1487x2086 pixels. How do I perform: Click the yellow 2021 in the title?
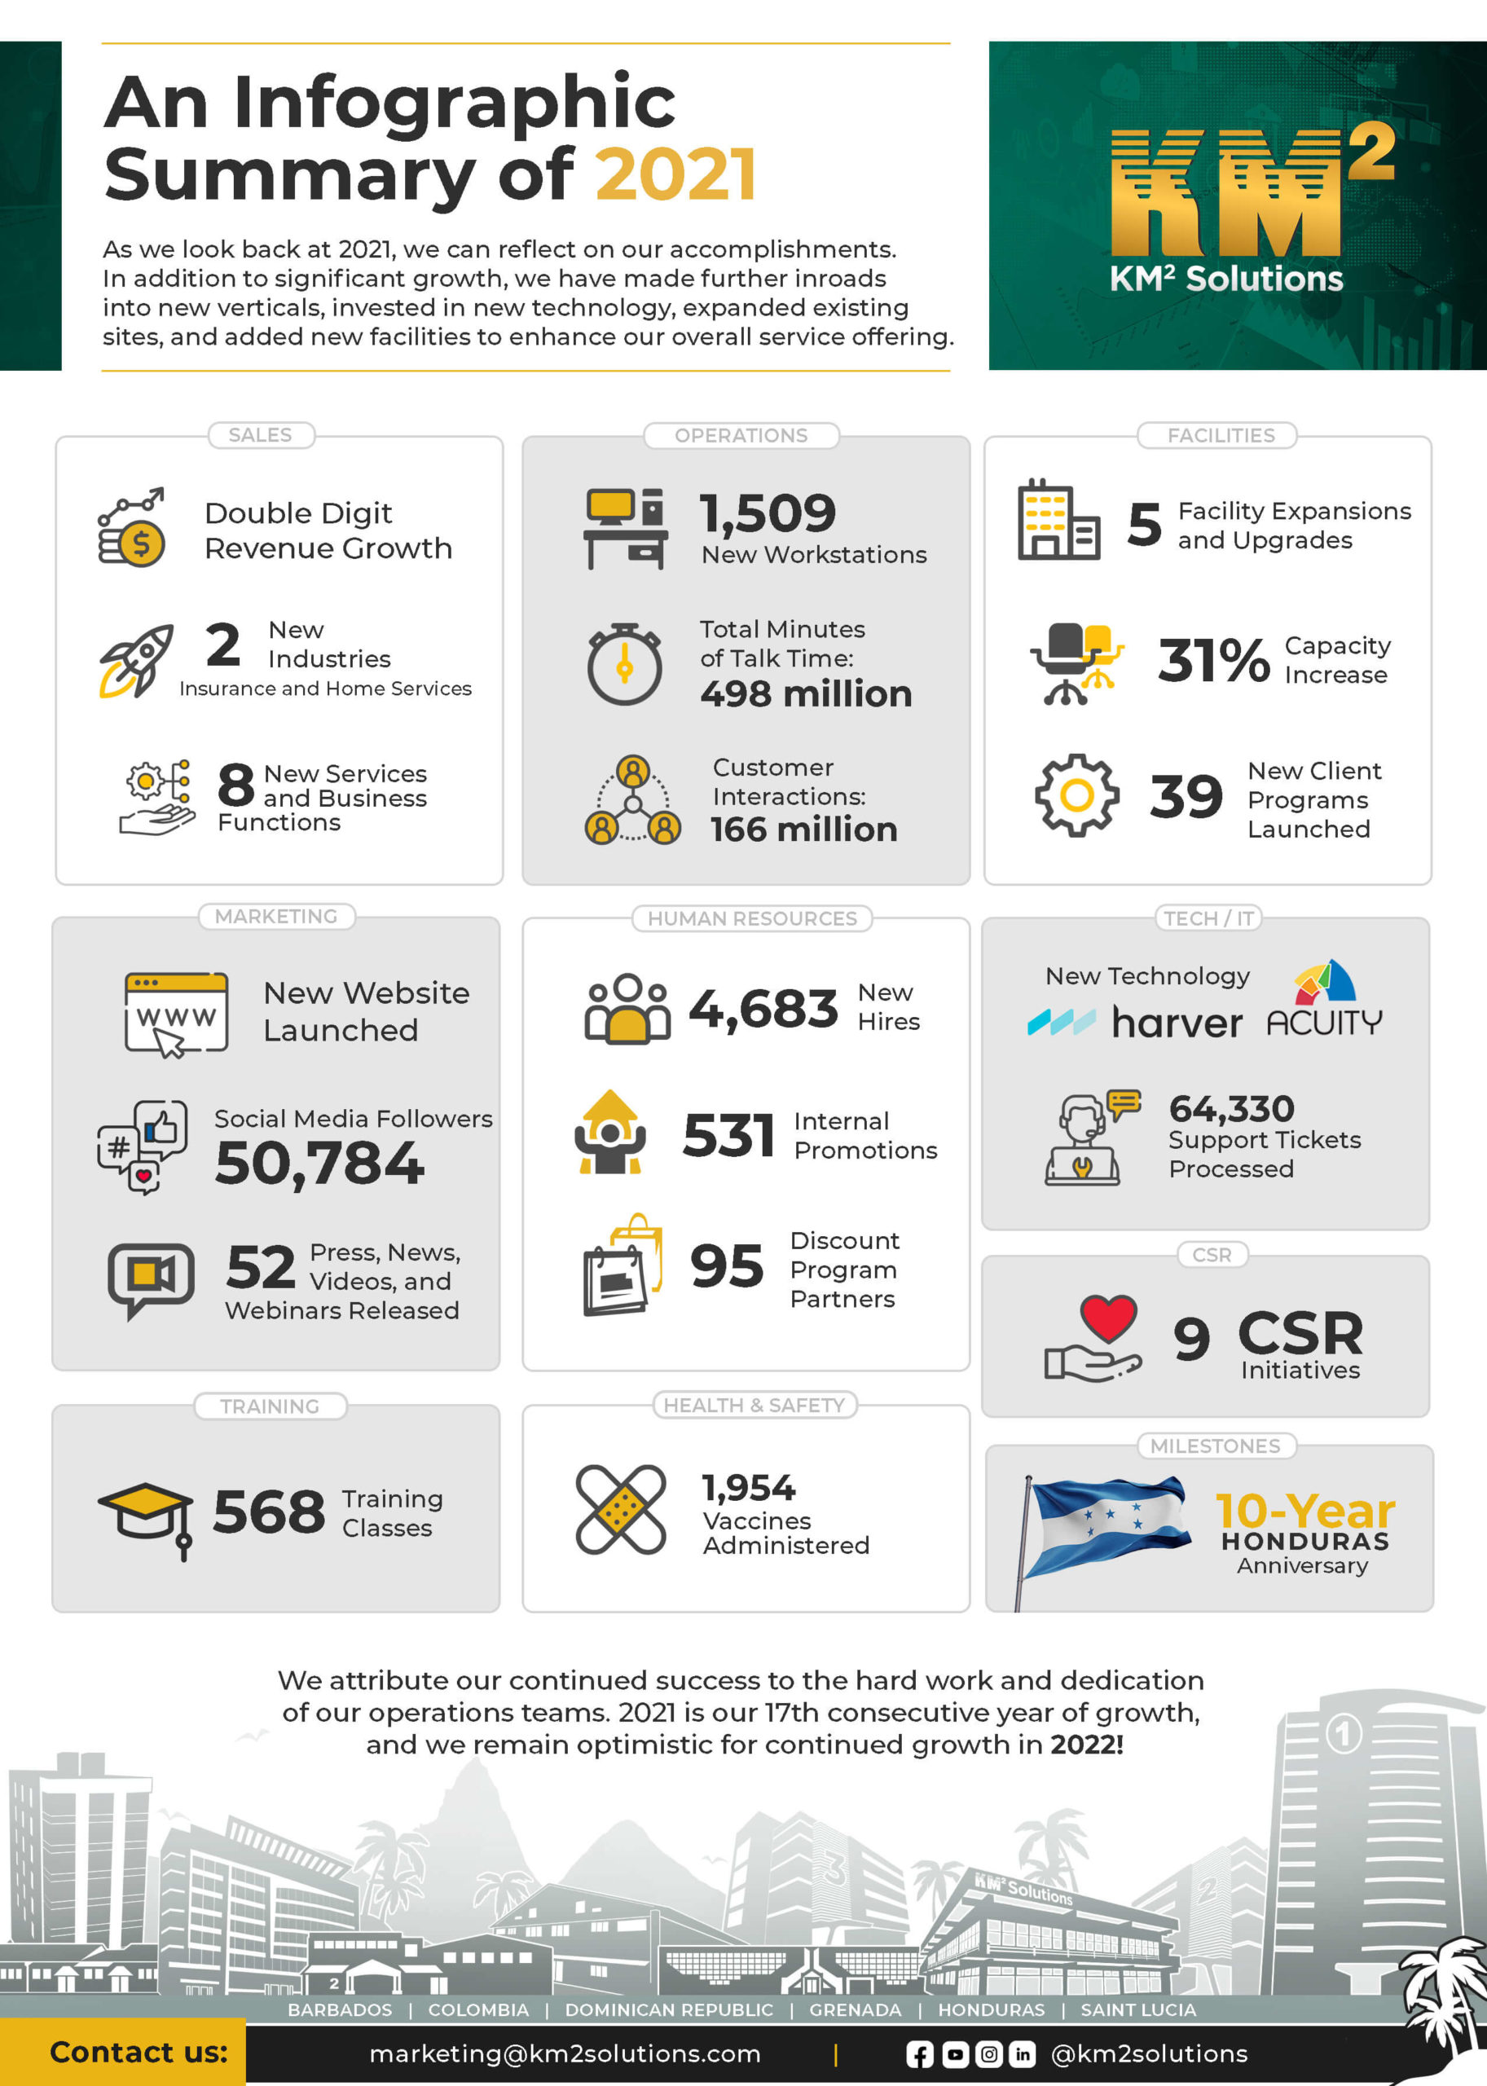[x=675, y=174]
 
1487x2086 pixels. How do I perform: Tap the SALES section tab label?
[x=260, y=435]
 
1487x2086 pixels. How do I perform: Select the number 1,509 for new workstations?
[x=768, y=513]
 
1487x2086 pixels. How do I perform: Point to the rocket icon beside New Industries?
[x=136, y=660]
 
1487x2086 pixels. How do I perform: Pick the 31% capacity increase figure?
[x=1213, y=659]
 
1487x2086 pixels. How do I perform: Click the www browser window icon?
[x=176, y=1013]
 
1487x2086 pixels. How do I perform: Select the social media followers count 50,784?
[x=319, y=1163]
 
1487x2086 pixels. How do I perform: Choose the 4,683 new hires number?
[x=763, y=1008]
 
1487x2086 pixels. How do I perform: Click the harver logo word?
[x=1177, y=1023]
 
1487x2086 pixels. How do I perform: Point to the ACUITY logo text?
[x=1324, y=1022]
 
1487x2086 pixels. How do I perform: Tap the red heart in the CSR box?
[x=1108, y=1317]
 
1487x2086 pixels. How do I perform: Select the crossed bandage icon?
[x=621, y=1509]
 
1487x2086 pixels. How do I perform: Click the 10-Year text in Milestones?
[x=1304, y=1510]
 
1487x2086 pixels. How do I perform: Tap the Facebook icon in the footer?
[x=919, y=2054]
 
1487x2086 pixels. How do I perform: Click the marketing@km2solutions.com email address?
[x=565, y=2054]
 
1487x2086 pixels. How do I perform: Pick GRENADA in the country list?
[x=856, y=2009]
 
